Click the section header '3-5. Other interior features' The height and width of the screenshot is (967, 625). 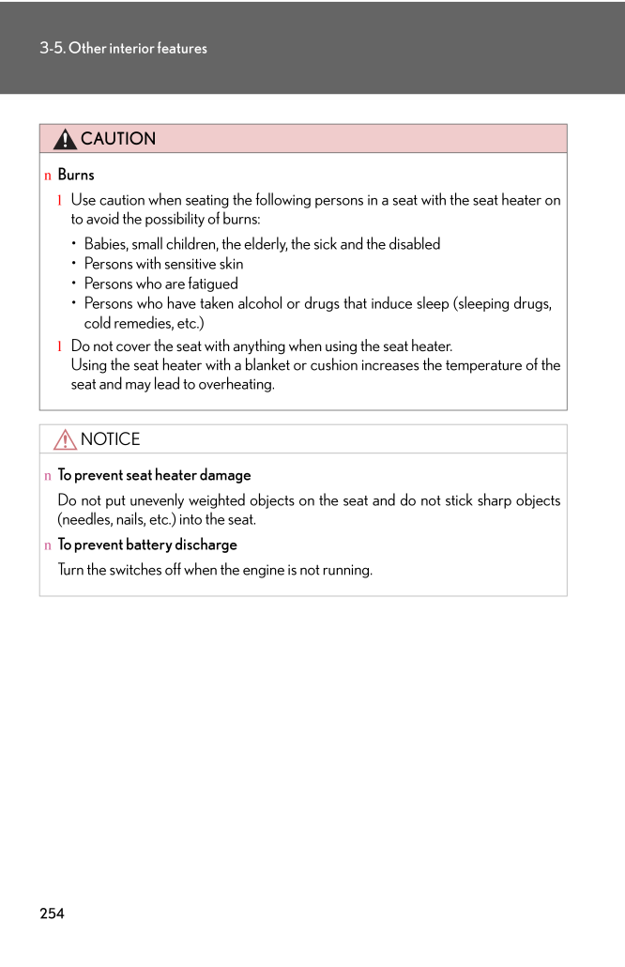pyautogui.click(x=123, y=48)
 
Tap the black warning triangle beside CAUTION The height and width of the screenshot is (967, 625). pyautogui.click(x=65, y=140)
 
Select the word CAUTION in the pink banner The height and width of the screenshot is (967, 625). pyautogui.click(x=118, y=139)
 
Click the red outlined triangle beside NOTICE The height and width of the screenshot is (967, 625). pyautogui.click(x=65, y=439)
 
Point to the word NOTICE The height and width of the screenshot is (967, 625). pyautogui.click(x=110, y=439)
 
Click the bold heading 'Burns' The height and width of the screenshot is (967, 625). pyautogui.click(x=76, y=175)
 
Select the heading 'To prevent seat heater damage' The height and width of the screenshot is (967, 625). pyautogui.click(x=154, y=475)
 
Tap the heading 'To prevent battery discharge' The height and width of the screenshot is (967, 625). pyautogui.click(x=147, y=545)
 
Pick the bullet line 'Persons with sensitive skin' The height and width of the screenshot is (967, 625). pyautogui.click(x=163, y=264)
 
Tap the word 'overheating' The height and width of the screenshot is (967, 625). pyautogui.click(x=236, y=385)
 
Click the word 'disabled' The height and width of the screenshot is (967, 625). pyautogui.click(x=411, y=244)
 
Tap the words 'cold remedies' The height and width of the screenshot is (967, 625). pyautogui.click(x=127, y=323)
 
